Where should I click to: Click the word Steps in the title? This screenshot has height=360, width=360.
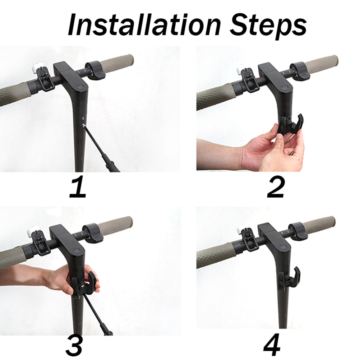tap(268, 26)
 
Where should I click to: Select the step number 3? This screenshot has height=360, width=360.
tap(74, 346)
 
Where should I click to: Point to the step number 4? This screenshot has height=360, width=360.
tap(272, 346)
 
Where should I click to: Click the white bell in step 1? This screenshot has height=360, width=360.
tap(36, 68)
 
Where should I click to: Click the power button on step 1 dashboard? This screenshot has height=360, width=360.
tap(80, 87)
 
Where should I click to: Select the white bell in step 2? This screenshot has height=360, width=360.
tap(241, 68)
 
